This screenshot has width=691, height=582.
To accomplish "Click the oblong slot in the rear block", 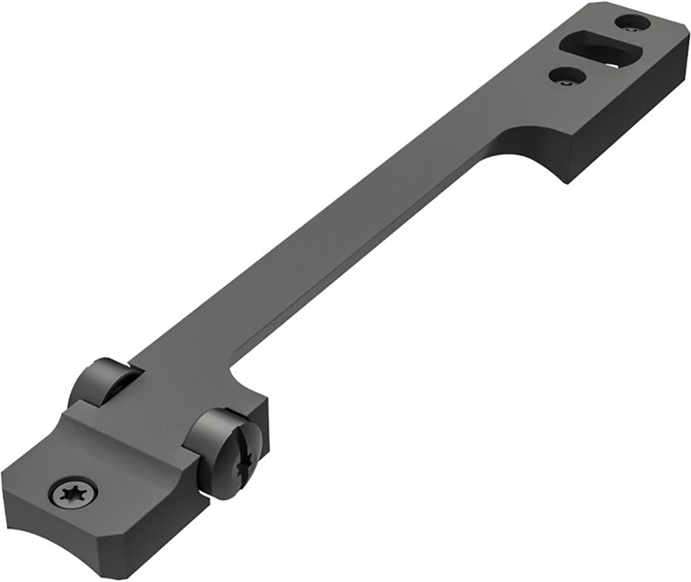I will [x=601, y=48].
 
